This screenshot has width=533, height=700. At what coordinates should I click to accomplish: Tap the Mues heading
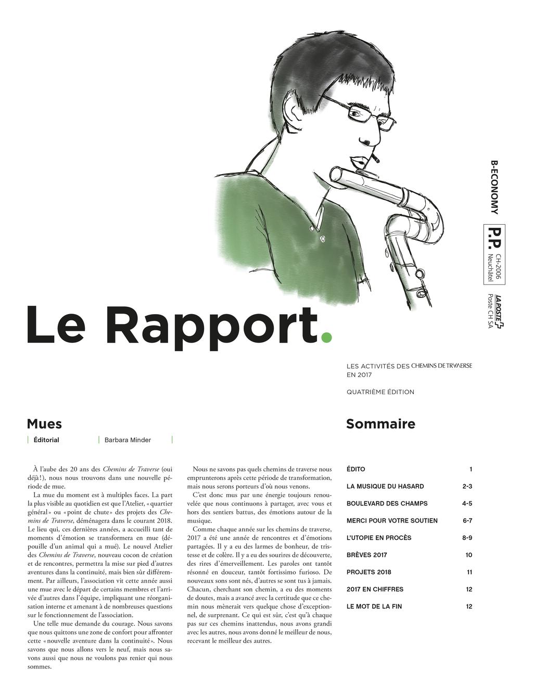[44, 424]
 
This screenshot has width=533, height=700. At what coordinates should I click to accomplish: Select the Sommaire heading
[380, 424]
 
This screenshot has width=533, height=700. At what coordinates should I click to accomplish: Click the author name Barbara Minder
[128, 440]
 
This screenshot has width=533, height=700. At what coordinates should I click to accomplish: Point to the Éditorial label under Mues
[46, 440]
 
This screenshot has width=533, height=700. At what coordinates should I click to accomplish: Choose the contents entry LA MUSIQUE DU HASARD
[385, 486]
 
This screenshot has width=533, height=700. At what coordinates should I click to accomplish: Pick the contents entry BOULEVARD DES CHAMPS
[387, 503]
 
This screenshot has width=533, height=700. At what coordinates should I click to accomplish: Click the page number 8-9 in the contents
[467, 538]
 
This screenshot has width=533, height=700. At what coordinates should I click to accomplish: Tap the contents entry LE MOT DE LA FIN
[374, 606]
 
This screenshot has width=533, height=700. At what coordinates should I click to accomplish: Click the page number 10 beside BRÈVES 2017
[469, 555]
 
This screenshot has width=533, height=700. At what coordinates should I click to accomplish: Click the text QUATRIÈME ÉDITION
[380, 392]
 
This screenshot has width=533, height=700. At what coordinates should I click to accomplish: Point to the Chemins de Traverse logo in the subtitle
[442, 366]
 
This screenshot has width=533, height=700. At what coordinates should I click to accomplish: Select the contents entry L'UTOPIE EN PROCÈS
[379, 538]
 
